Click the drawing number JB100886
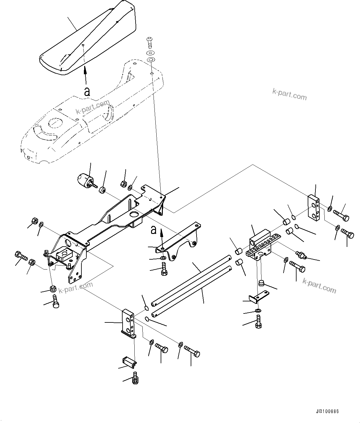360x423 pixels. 327,412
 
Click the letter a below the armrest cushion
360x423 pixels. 87,91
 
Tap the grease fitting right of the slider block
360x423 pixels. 301,255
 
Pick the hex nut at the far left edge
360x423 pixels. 35,221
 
